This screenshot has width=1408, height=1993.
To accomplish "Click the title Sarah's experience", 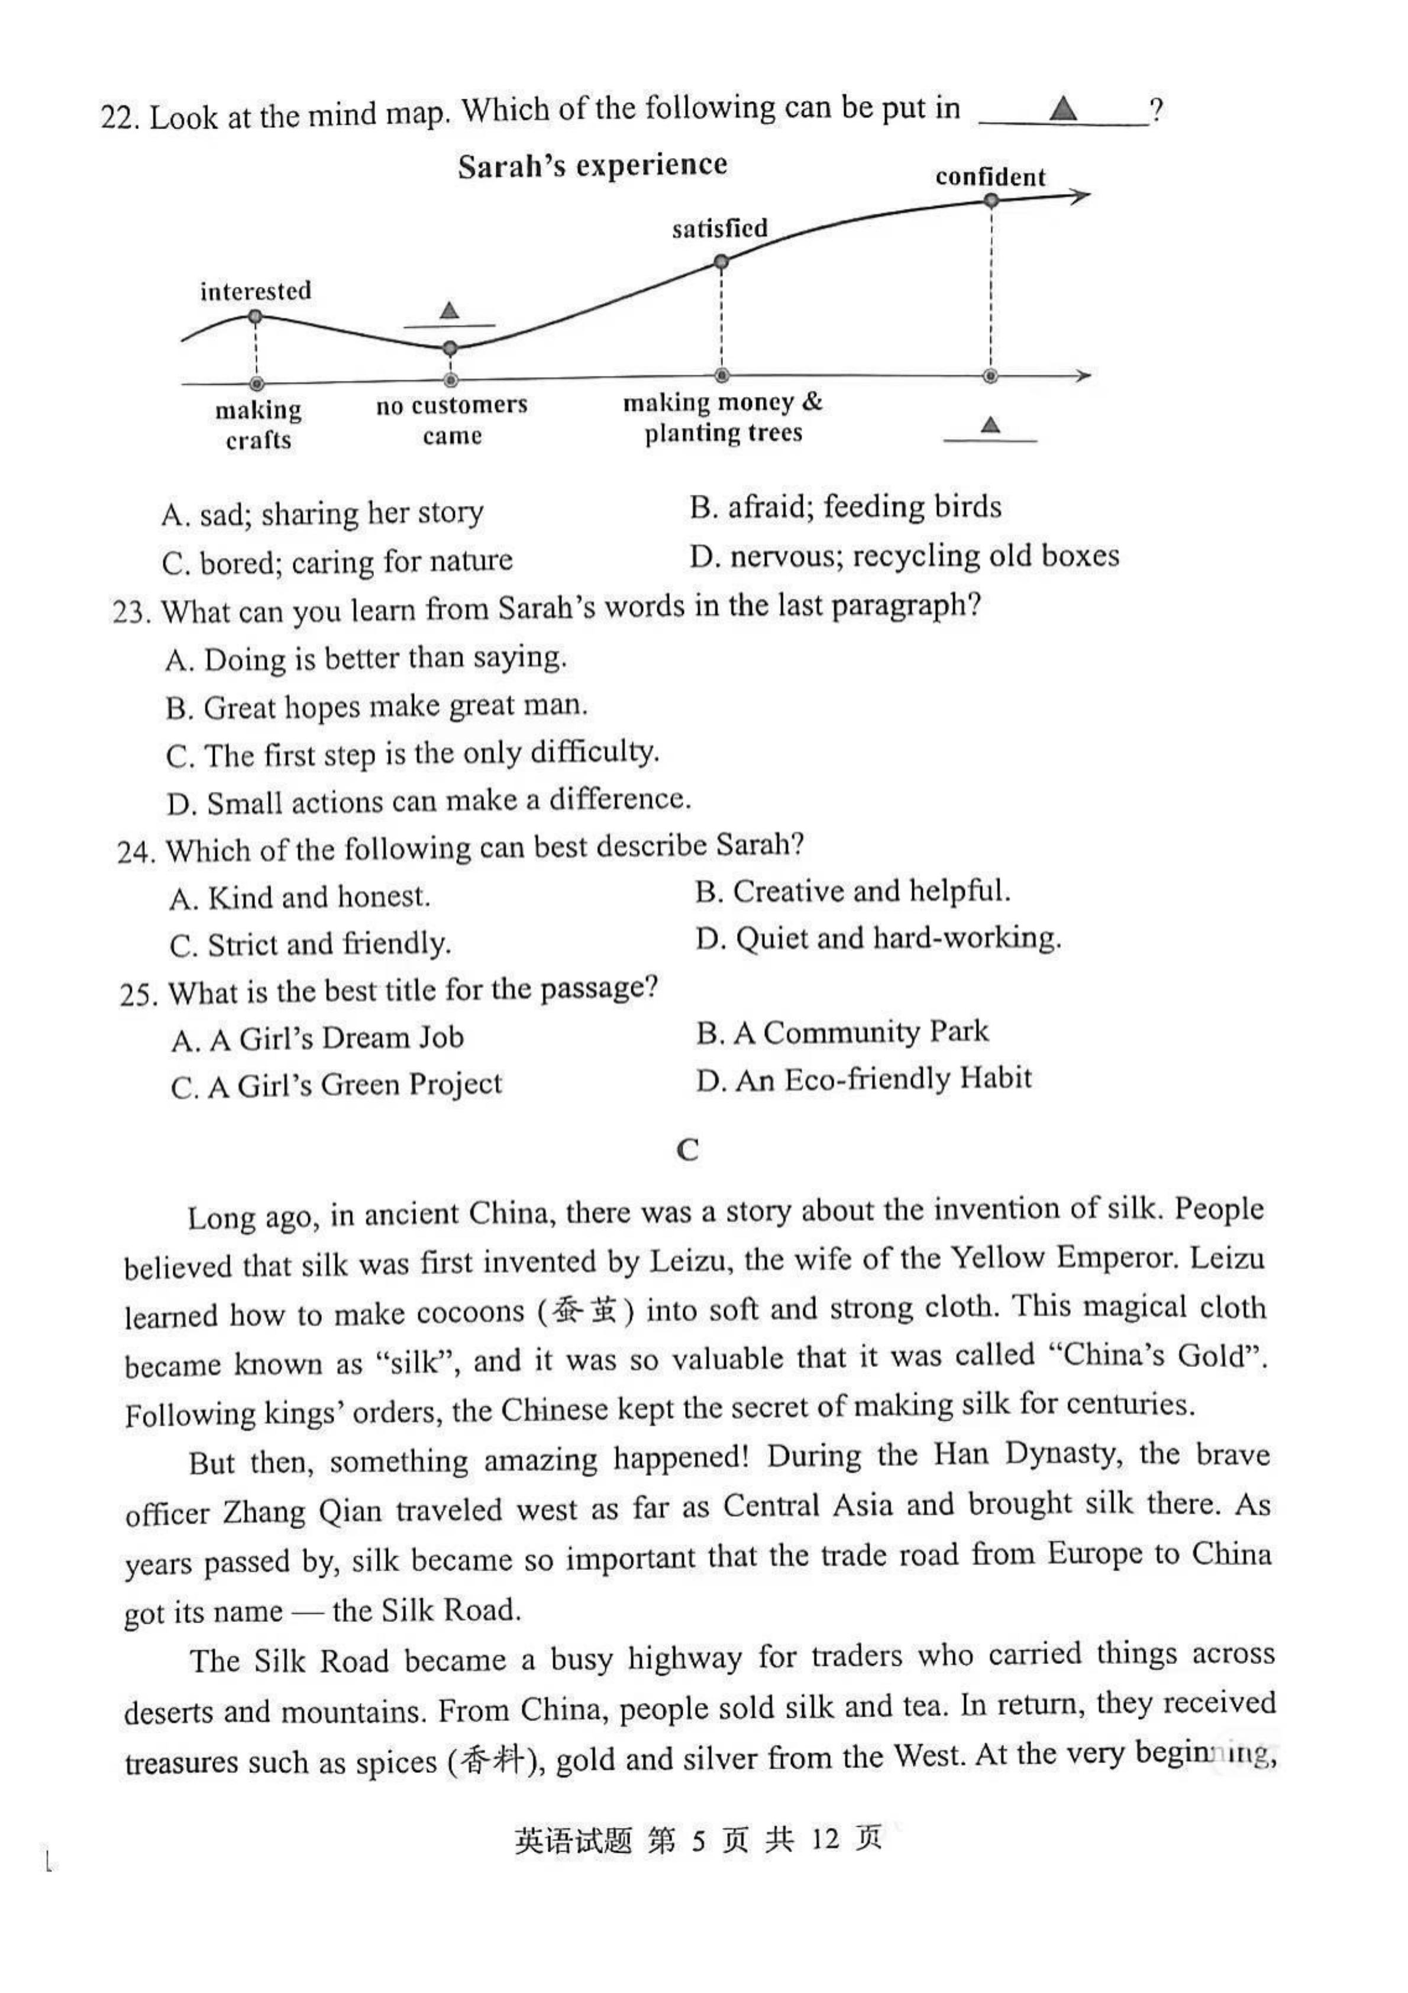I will (x=592, y=165).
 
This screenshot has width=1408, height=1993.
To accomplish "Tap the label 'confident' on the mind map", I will (x=990, y=177).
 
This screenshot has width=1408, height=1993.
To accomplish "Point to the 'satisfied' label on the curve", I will (x=719, y=228).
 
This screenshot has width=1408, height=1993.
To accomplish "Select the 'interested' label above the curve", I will (x=255, y=291).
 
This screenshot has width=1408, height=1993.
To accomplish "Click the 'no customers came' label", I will (x=451, y=420).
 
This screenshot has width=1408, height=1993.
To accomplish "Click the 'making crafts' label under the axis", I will (x=258, y=424).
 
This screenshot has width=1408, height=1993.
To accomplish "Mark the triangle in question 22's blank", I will (x=1063, y=109).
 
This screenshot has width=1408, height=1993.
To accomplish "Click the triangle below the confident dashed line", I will (x=990, y=424).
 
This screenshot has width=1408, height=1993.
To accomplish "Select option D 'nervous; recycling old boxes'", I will (x=905, y=556).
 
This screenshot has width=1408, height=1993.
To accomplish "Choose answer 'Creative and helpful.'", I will (x=853, y=892).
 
